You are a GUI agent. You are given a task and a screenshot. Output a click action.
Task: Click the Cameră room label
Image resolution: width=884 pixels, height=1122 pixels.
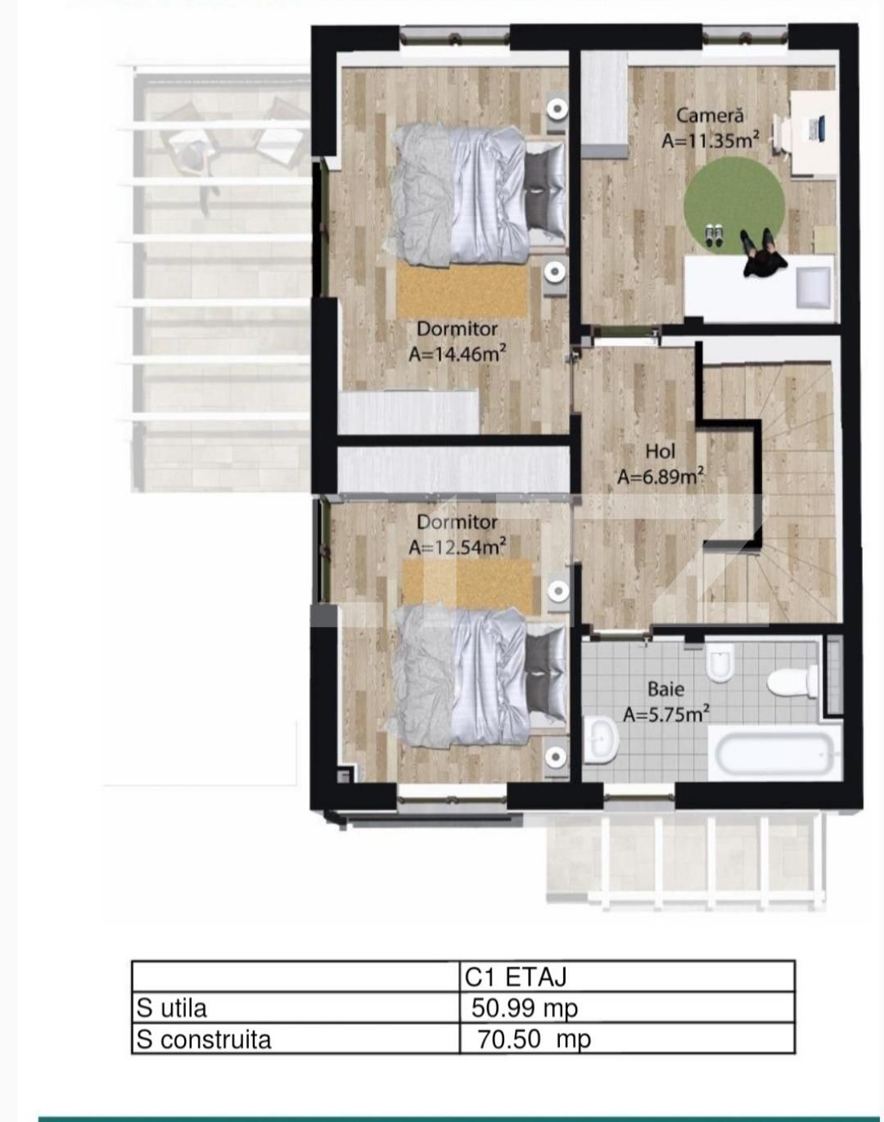click(710, 116)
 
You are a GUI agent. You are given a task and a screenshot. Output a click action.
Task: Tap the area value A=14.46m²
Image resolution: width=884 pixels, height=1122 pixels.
click(457, 354)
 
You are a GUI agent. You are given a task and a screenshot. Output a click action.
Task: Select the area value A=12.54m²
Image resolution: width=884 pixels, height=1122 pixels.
click(457, 546)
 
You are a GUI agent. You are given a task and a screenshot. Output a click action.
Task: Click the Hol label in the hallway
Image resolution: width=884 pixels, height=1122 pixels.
click(660, 451)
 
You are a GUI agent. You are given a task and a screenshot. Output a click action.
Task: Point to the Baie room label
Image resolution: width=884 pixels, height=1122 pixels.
click(665, 689)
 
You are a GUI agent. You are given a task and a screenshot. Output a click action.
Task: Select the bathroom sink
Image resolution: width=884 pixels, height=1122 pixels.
click(602, 739)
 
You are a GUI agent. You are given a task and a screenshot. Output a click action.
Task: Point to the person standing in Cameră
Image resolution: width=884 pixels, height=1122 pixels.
click(763, 255)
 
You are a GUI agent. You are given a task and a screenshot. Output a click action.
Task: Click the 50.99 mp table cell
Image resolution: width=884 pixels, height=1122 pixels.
click(525, 1007)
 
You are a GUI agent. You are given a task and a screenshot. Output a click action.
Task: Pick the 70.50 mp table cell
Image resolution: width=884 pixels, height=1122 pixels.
click(534, 1039)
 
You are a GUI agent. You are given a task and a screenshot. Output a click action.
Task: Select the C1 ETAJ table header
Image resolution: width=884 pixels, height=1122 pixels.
click(516, 976)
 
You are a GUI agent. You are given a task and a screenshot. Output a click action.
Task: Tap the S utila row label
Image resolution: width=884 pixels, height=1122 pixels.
click(172, 1007)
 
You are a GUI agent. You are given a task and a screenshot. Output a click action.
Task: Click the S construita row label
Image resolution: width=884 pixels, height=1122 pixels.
click(204, 1039)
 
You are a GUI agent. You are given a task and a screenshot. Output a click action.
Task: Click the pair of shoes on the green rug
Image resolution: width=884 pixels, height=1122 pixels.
click(713, 235)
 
